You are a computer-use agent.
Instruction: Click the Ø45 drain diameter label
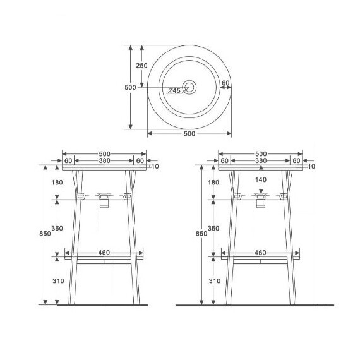point(174,90)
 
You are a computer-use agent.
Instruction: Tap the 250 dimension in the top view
point(141,66)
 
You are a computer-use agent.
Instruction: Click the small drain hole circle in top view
point(189,87)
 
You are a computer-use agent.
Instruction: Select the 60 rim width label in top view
point(225,83)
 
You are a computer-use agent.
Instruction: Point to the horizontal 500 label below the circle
point(189,134)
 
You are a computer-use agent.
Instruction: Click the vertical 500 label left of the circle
point(130,88)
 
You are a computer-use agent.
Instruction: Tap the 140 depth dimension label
point(261,179)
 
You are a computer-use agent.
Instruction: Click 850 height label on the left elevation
point(45,234)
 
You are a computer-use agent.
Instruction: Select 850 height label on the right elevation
point(201,234)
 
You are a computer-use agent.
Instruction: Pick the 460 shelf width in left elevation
point(104,253)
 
